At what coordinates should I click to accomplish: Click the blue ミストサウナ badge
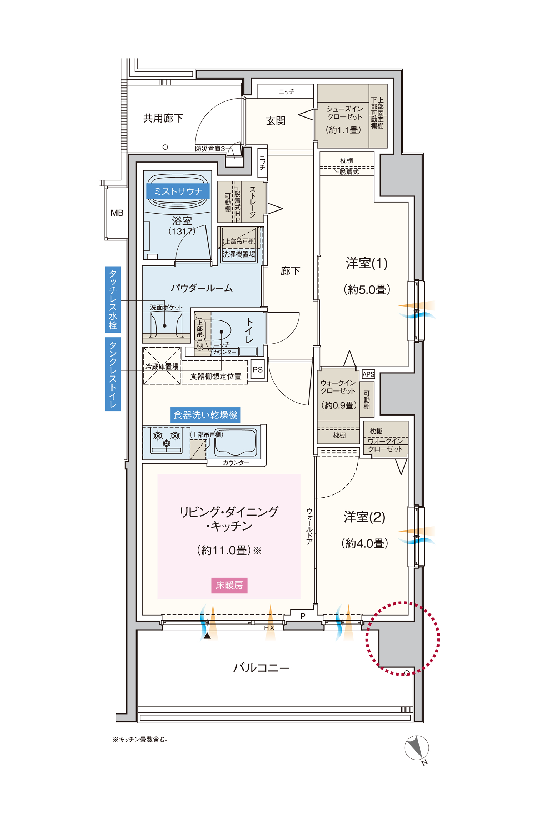178,191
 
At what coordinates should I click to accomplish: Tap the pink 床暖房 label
229,585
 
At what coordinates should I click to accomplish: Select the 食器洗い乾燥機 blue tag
205,415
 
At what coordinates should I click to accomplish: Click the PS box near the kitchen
258,370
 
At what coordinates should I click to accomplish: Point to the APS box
368,374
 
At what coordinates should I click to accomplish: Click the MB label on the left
117,213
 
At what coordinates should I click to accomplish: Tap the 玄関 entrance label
276,121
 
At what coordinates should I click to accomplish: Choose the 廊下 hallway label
290,271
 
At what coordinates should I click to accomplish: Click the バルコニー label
261,668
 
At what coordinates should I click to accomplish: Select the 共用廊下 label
163,118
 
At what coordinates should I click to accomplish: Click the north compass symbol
417,748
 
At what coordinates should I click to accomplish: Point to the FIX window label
269,628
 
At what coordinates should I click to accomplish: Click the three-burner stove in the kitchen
166,440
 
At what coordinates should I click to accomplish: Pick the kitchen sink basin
235,443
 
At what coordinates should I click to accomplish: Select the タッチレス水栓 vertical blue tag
113,299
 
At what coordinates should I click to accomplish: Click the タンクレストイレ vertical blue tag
113,374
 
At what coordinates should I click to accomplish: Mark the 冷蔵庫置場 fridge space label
162,366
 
